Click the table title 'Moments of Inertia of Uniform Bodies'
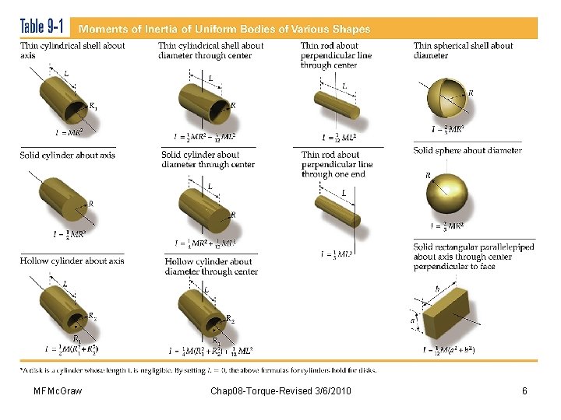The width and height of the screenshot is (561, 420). [223, 29]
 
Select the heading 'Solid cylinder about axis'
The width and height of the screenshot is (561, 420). [68, 155]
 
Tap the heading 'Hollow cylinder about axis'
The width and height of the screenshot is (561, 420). [72, 261]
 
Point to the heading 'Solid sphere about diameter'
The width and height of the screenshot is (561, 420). [467, 150]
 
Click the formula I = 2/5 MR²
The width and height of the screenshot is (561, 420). [448, 226]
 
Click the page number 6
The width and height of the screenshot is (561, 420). [524, 390]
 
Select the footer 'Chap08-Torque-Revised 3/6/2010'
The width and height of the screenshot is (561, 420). [280, 390]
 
